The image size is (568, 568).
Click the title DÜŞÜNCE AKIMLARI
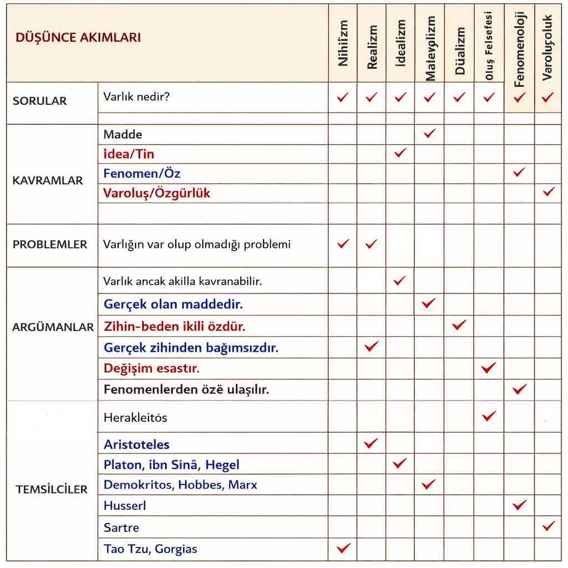point(78,38)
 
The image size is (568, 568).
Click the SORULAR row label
point(39,101)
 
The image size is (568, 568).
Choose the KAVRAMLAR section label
point(48,180)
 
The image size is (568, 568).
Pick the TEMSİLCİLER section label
point(52,489)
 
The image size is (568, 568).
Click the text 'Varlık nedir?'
point(136,97)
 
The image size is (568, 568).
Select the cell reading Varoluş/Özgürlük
point(157,194)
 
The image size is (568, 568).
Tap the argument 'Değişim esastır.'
point(151,368)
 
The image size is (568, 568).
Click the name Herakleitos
point(135,418)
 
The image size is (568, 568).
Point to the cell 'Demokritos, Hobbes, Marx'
point(180,485)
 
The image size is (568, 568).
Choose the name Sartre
point(121,527)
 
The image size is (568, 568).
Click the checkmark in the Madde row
point(429,133)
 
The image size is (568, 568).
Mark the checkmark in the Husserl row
point(519,504)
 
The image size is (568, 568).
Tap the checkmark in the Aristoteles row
point(371,443)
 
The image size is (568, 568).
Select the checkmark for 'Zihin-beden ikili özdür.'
point(459,324)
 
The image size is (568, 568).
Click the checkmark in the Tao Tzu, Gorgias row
point(343,548)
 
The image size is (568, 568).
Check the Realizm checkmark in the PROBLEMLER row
point(372,243)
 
